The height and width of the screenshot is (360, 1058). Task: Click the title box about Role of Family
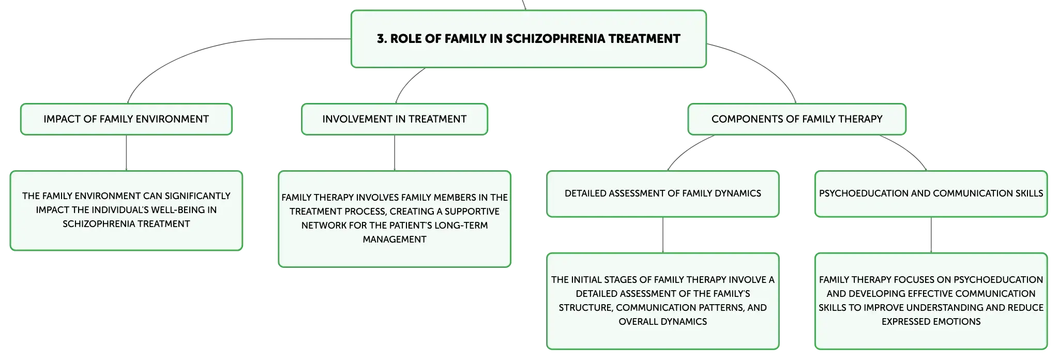coord(528,39)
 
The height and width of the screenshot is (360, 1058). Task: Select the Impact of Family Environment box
coord(126,119)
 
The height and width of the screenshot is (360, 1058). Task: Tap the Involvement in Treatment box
coord(395,119)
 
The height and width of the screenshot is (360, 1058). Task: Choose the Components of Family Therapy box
coord(797,119)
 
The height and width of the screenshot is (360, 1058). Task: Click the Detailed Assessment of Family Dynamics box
coord(663,194)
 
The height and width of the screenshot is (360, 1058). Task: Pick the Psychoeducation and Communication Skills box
coord(931,194)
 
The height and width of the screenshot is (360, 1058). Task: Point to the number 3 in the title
coord(381,39)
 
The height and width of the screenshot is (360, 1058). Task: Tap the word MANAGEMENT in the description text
coord(395,239)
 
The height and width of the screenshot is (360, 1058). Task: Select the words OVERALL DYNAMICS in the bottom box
coord(663,322)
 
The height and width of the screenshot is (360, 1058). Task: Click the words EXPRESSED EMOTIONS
coord(931,322)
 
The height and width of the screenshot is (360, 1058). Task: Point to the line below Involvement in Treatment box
coord(395,153)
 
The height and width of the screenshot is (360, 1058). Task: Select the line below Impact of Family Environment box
coord(126,153)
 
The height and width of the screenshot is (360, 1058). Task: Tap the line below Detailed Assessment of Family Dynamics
coord(663,235)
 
